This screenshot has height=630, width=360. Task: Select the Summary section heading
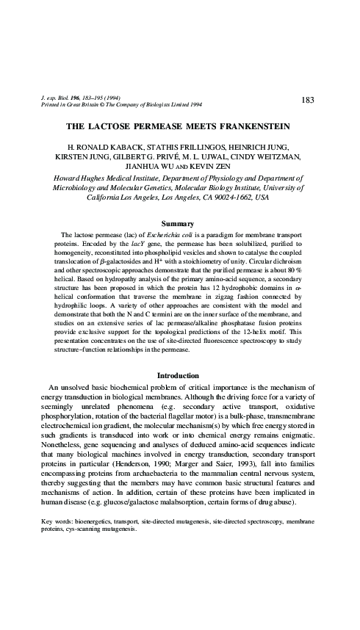point(179,223)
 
